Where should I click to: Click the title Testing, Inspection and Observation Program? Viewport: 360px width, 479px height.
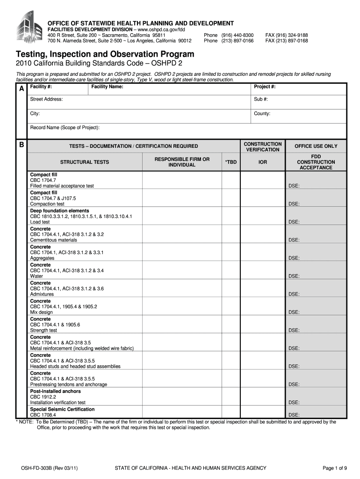(105, 54)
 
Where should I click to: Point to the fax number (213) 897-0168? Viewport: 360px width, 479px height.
(287, 41)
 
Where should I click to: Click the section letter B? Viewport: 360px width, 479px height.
(22, 145)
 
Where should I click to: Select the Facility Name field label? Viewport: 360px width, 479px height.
(108, 87)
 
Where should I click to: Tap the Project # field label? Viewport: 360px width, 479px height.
(265, 87)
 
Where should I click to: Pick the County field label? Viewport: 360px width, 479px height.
(262, 114)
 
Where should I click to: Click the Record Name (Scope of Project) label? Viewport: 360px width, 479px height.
(65, 127)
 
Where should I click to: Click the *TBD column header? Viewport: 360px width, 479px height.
(230, 162)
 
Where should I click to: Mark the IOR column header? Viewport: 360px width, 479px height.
(263, 162)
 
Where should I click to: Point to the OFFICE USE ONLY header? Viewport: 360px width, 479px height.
(316, 146)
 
